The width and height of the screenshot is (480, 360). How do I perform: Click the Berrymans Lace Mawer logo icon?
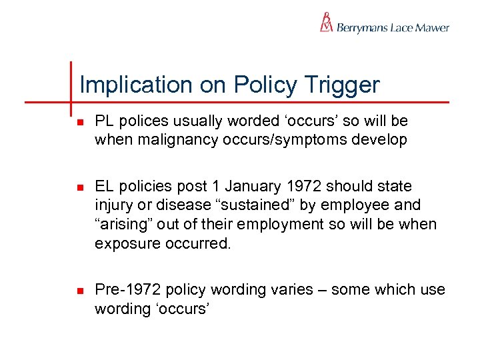pos(326,22)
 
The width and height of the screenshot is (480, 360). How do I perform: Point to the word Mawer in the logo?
pos(433,28)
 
